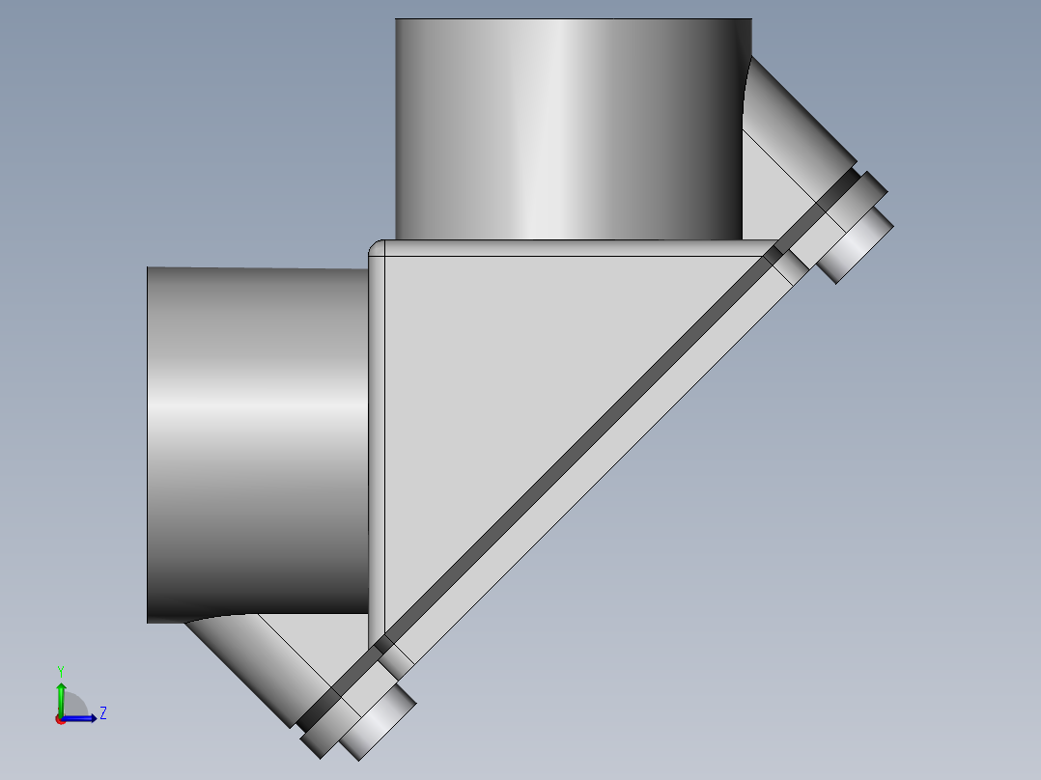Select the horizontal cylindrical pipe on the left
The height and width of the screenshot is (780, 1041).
[x=256, y=444]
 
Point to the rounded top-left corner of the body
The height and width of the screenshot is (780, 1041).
[x=377, y=249]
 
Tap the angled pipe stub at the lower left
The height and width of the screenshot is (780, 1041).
[x=246, y=666]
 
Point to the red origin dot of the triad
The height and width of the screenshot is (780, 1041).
[x=60, y=719]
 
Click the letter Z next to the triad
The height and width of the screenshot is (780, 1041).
[x=102, y=713]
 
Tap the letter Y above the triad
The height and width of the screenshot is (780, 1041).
[x=61, y=670]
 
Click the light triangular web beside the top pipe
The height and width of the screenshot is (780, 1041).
[x=768, y=193]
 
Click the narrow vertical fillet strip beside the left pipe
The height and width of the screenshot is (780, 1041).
[x=377, y=434]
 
